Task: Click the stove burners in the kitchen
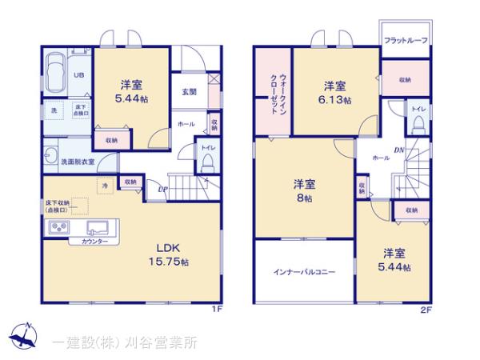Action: (58, 227)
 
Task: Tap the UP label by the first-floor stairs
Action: (162, 190)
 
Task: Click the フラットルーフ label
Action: (406, 40)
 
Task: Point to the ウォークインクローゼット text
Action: (272, 91)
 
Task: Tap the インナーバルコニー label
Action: (304, 271)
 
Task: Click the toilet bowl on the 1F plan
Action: (206, 162)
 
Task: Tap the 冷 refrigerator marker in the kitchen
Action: (104, 186)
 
